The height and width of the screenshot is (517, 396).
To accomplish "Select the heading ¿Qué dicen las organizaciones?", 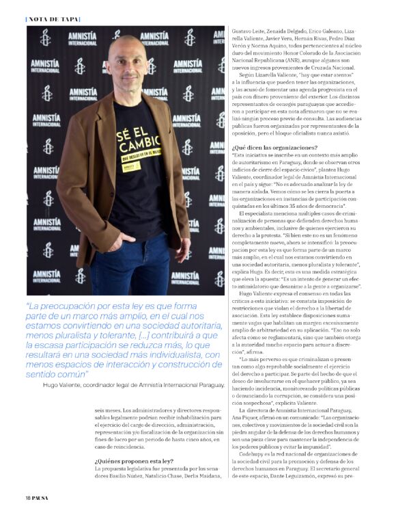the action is [274, 148].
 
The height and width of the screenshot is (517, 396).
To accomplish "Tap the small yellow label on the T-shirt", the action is [131, 166].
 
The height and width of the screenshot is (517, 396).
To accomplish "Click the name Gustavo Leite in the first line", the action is [247, 32].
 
